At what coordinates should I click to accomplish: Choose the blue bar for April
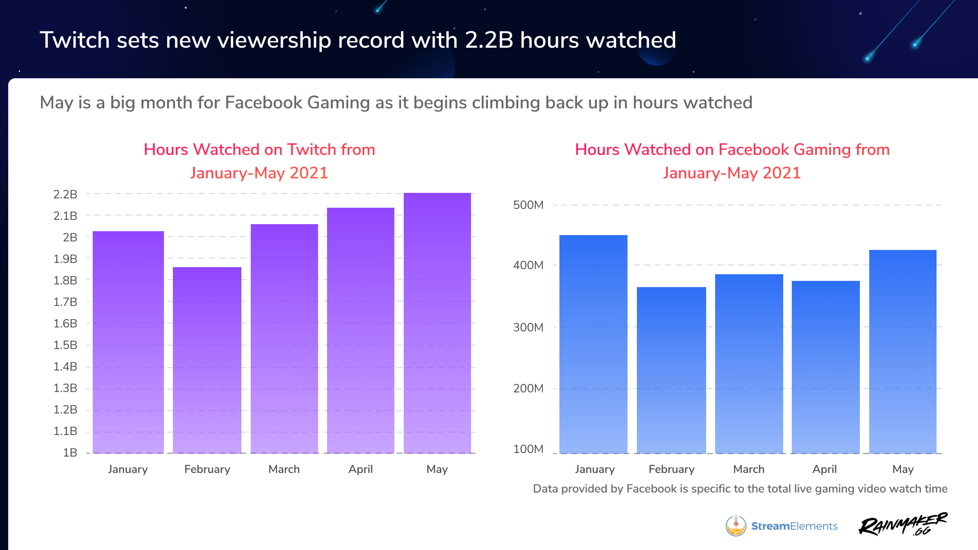[826, 367]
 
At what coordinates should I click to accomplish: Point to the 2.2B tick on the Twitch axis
[65, 194]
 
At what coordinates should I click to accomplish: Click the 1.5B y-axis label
[65, 345]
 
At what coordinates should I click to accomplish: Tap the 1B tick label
[70, 453]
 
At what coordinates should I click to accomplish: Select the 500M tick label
[528, 205]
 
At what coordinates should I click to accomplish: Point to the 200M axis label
[528, 388]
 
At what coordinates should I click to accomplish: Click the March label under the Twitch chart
[284, 469]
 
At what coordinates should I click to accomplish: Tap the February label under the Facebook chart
[672, 469]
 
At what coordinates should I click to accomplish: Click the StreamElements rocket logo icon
[736, 526]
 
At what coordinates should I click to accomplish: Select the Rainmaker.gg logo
[903, 524]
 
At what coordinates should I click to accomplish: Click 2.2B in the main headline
[489, 40]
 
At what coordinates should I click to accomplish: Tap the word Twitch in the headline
[75, 40]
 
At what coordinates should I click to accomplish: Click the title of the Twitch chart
[259, 161]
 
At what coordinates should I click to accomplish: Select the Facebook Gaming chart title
[732, 161]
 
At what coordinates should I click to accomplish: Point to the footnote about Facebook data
[740, 488]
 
